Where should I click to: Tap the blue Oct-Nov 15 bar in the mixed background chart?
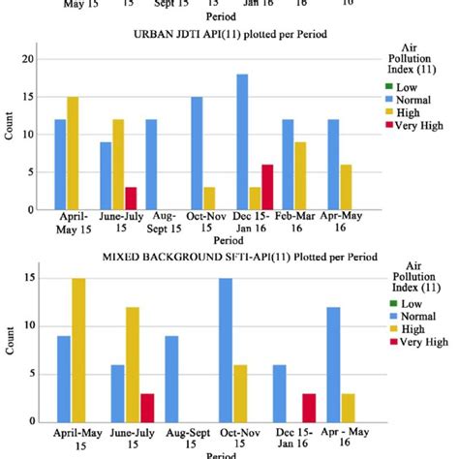(225, 350)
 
